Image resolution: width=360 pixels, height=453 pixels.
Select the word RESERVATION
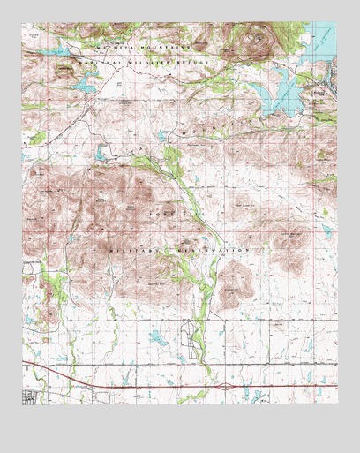[214, 251]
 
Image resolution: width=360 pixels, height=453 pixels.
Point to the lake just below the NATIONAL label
[83, 86]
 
